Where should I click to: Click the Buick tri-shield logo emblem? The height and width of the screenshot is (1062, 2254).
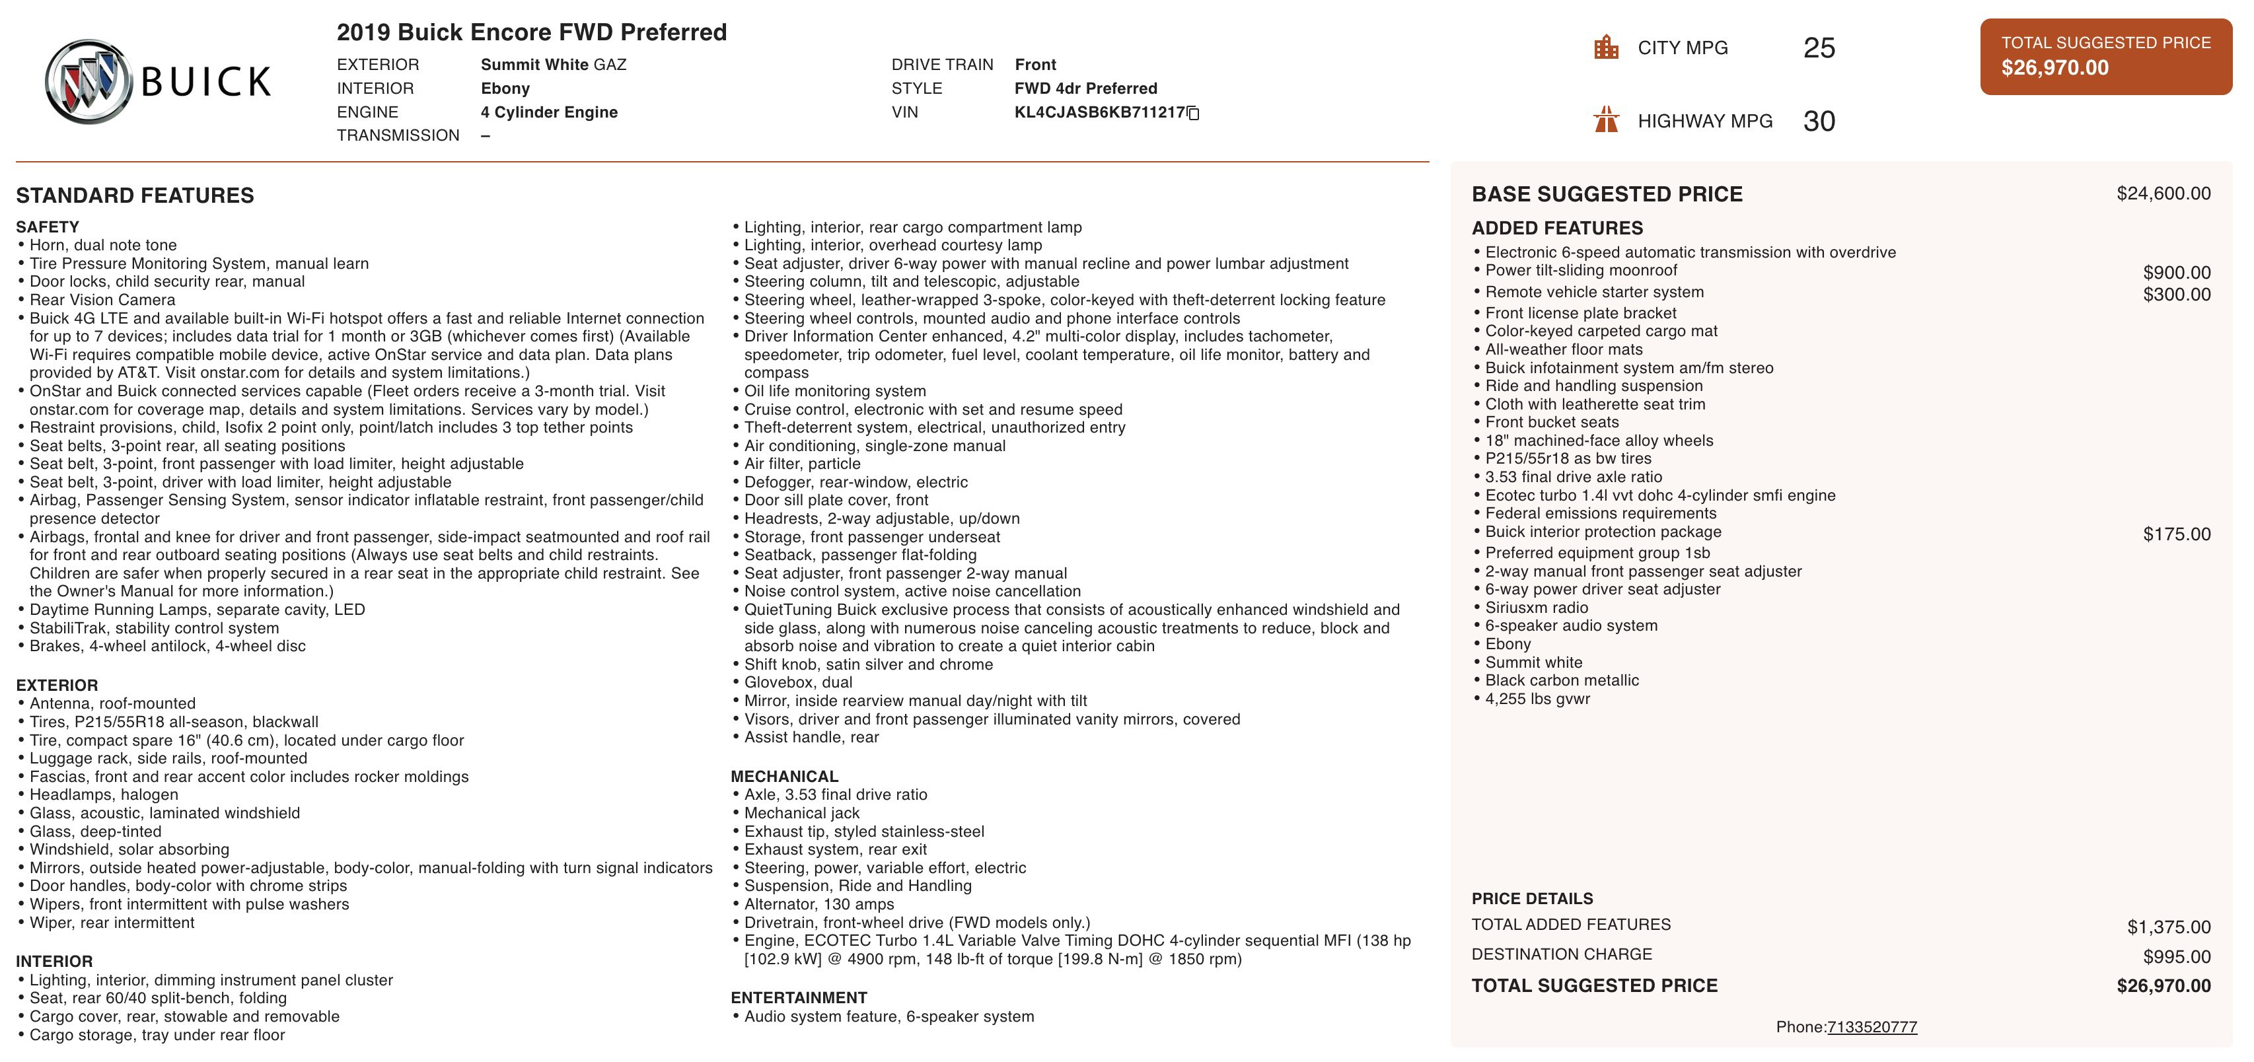[89, 81]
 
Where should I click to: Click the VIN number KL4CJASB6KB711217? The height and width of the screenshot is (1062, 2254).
[1099, 112]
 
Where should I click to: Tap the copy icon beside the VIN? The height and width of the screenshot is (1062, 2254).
[1194, 113]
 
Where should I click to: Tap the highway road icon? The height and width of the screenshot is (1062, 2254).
[1606, 120]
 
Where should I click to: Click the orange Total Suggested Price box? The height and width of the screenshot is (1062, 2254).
[2105, 56]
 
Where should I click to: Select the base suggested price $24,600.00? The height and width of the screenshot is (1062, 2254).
[2163, 194]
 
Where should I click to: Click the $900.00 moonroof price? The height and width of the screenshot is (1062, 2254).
[2176, 273]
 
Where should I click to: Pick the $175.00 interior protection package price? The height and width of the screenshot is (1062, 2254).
[2176, 534]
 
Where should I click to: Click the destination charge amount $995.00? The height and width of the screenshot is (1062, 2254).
[2176, 957]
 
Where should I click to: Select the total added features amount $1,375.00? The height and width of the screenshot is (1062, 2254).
[2168, 927]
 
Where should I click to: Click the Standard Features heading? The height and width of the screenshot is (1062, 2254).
[135, 195]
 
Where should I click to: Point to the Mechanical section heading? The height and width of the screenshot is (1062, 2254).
[784, 777]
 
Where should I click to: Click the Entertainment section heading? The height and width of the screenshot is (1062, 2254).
[799, 998]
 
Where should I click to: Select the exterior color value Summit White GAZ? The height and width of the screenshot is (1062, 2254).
[553, 65]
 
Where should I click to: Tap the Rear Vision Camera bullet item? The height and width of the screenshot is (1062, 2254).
[102, 300]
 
